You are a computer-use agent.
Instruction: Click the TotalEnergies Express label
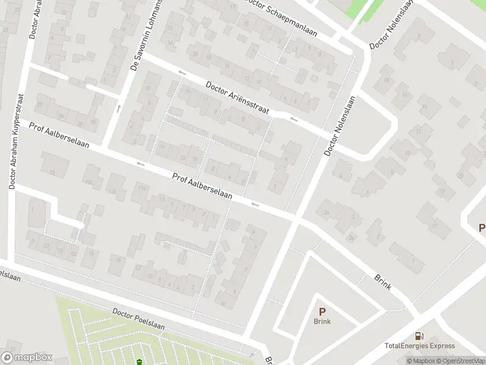point(419,346)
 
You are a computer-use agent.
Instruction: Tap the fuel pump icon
point(419,336)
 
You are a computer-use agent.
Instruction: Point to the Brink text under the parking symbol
point(322,321)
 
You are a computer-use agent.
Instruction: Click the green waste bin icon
point(140,362)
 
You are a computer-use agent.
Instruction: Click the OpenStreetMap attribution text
point(460,361)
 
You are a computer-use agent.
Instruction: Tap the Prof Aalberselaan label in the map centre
point(202,186)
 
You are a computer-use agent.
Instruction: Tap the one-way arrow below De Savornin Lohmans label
point(118,109)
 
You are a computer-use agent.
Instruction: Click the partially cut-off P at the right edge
point(482,228)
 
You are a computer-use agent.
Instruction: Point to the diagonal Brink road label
point(383,281)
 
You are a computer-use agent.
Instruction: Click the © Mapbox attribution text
point(422,361)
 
